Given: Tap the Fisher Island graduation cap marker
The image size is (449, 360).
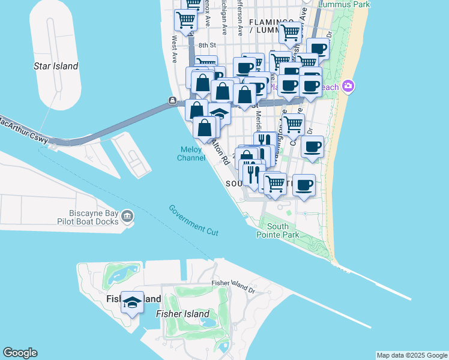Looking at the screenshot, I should click(132, 302).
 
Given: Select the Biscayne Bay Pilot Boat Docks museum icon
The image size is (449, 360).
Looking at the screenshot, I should click(127, 215).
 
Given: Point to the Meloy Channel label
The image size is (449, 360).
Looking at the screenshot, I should click(191, 154).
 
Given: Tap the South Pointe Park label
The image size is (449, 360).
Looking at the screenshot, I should click(283, 231).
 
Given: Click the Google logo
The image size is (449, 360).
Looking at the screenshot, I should click(20, 353).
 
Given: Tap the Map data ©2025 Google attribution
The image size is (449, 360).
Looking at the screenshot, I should click(412, 355).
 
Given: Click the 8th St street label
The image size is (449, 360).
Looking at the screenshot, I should click(206, 45).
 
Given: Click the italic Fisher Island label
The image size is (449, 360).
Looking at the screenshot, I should click(182, 314).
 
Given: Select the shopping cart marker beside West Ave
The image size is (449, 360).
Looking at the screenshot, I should click(185, 20).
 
